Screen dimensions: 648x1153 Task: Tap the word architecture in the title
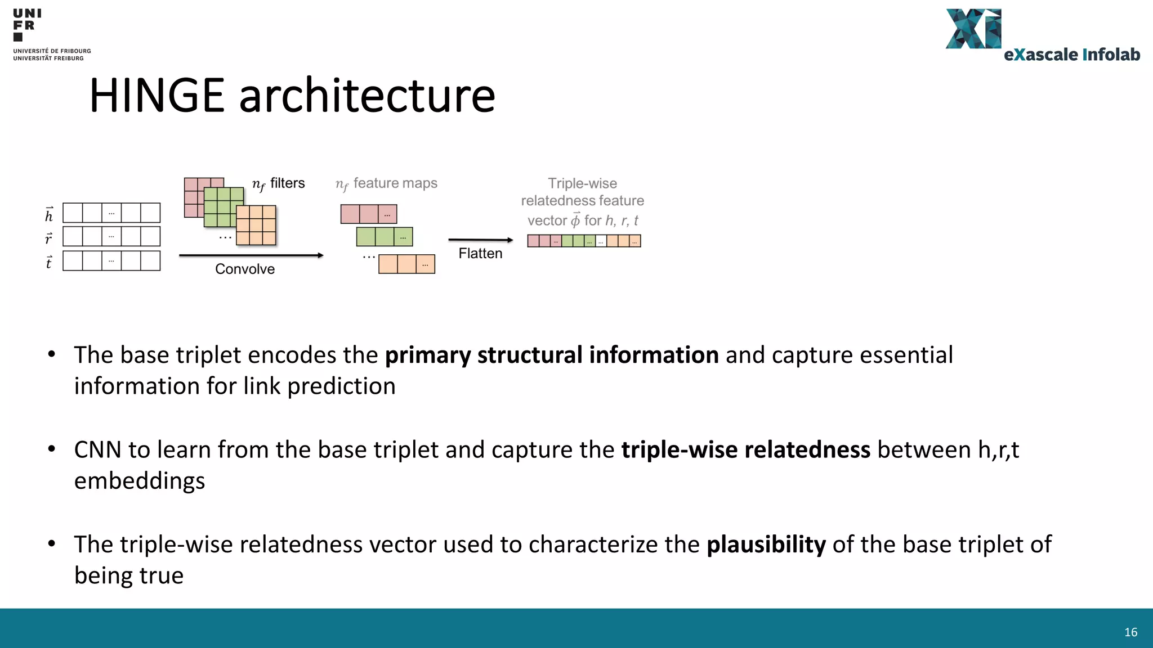click(x=367, y=96)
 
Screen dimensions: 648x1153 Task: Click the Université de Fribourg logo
click(x=51, y=34)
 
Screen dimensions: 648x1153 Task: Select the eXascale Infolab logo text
click(x=1071, y=55)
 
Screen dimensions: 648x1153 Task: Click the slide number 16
click(x=1130, y=632)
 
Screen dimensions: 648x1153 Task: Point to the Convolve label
click(x=245, y=269)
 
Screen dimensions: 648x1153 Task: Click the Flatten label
click(x=480, y=253)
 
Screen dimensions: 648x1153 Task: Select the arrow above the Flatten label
click(x=480, y=240)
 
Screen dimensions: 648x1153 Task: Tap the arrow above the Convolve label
click(x=251, y=255)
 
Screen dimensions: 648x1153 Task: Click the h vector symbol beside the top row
click(x=49, y=214)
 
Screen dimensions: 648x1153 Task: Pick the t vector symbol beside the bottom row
click(x=49, y=262)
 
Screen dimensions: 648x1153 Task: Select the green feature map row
click(x=385, y=237)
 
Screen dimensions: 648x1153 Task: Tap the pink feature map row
click(x=369, y=214)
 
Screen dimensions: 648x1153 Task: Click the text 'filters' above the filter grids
click(x=287, y=183)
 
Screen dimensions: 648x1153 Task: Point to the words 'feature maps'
click(x=395, y=183)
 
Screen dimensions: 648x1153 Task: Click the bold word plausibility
click(x=766, y=544)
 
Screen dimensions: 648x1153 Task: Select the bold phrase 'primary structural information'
click(x=552, y=355)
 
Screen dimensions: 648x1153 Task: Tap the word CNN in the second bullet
click(x=97, y=450)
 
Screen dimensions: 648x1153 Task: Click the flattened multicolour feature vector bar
click(x=584, y=241)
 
